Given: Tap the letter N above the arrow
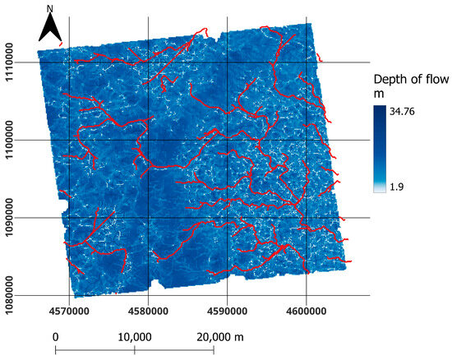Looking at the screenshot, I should click(50, 10).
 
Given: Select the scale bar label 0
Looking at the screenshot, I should click(55, 337).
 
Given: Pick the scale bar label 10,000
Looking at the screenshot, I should click(134, 337).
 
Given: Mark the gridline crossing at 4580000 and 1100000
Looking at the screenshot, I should click(148, 140).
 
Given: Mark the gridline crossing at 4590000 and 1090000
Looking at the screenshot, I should click(227, 218).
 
